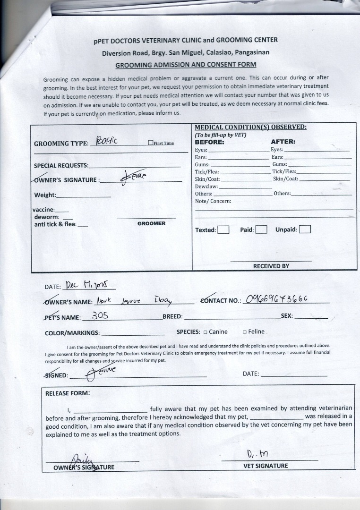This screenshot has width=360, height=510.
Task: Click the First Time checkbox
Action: coord(150,143)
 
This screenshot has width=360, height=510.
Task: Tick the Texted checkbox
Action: coord(223,230)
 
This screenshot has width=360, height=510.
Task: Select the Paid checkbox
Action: coord(261,230)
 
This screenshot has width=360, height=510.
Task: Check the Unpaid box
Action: coord(305,230)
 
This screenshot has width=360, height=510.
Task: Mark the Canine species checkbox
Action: coord(206,332)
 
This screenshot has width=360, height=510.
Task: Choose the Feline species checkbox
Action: coord(245,332)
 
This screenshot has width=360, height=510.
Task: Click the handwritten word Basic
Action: coord(106,141)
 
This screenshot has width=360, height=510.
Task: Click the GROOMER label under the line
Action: coord(151,223)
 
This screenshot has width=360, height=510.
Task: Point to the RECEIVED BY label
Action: coord(271,266)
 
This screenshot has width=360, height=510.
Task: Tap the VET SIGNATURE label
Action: coord(265,466)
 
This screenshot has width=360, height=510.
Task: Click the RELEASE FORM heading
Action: coord(67,393)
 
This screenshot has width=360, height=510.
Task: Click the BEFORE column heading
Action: coord(209,142)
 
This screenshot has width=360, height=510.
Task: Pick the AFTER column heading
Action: coord(283,142)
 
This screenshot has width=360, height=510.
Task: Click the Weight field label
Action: coord(45,195)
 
